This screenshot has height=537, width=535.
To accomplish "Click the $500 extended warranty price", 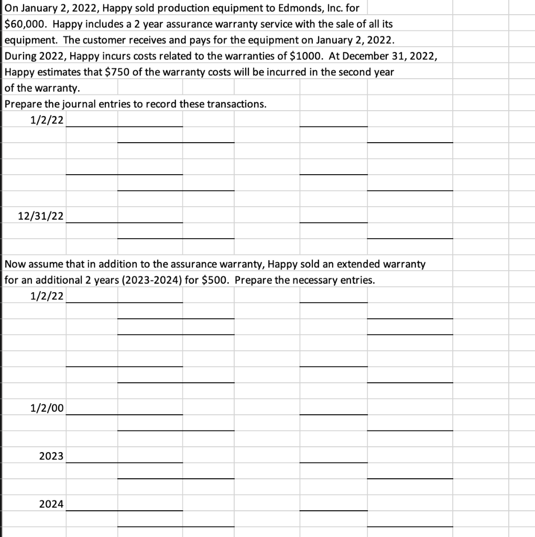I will click(215, 280).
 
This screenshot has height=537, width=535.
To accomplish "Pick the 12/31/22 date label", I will click(41, 216).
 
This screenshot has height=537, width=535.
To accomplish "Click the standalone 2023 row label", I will click(51, 456).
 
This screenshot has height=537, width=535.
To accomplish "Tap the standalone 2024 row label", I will click(51, 504).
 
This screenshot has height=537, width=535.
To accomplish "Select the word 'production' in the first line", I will click(170, 8).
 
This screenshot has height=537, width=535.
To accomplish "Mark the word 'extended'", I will click(364, 264).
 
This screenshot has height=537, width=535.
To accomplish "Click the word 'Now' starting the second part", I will click(14, 264).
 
